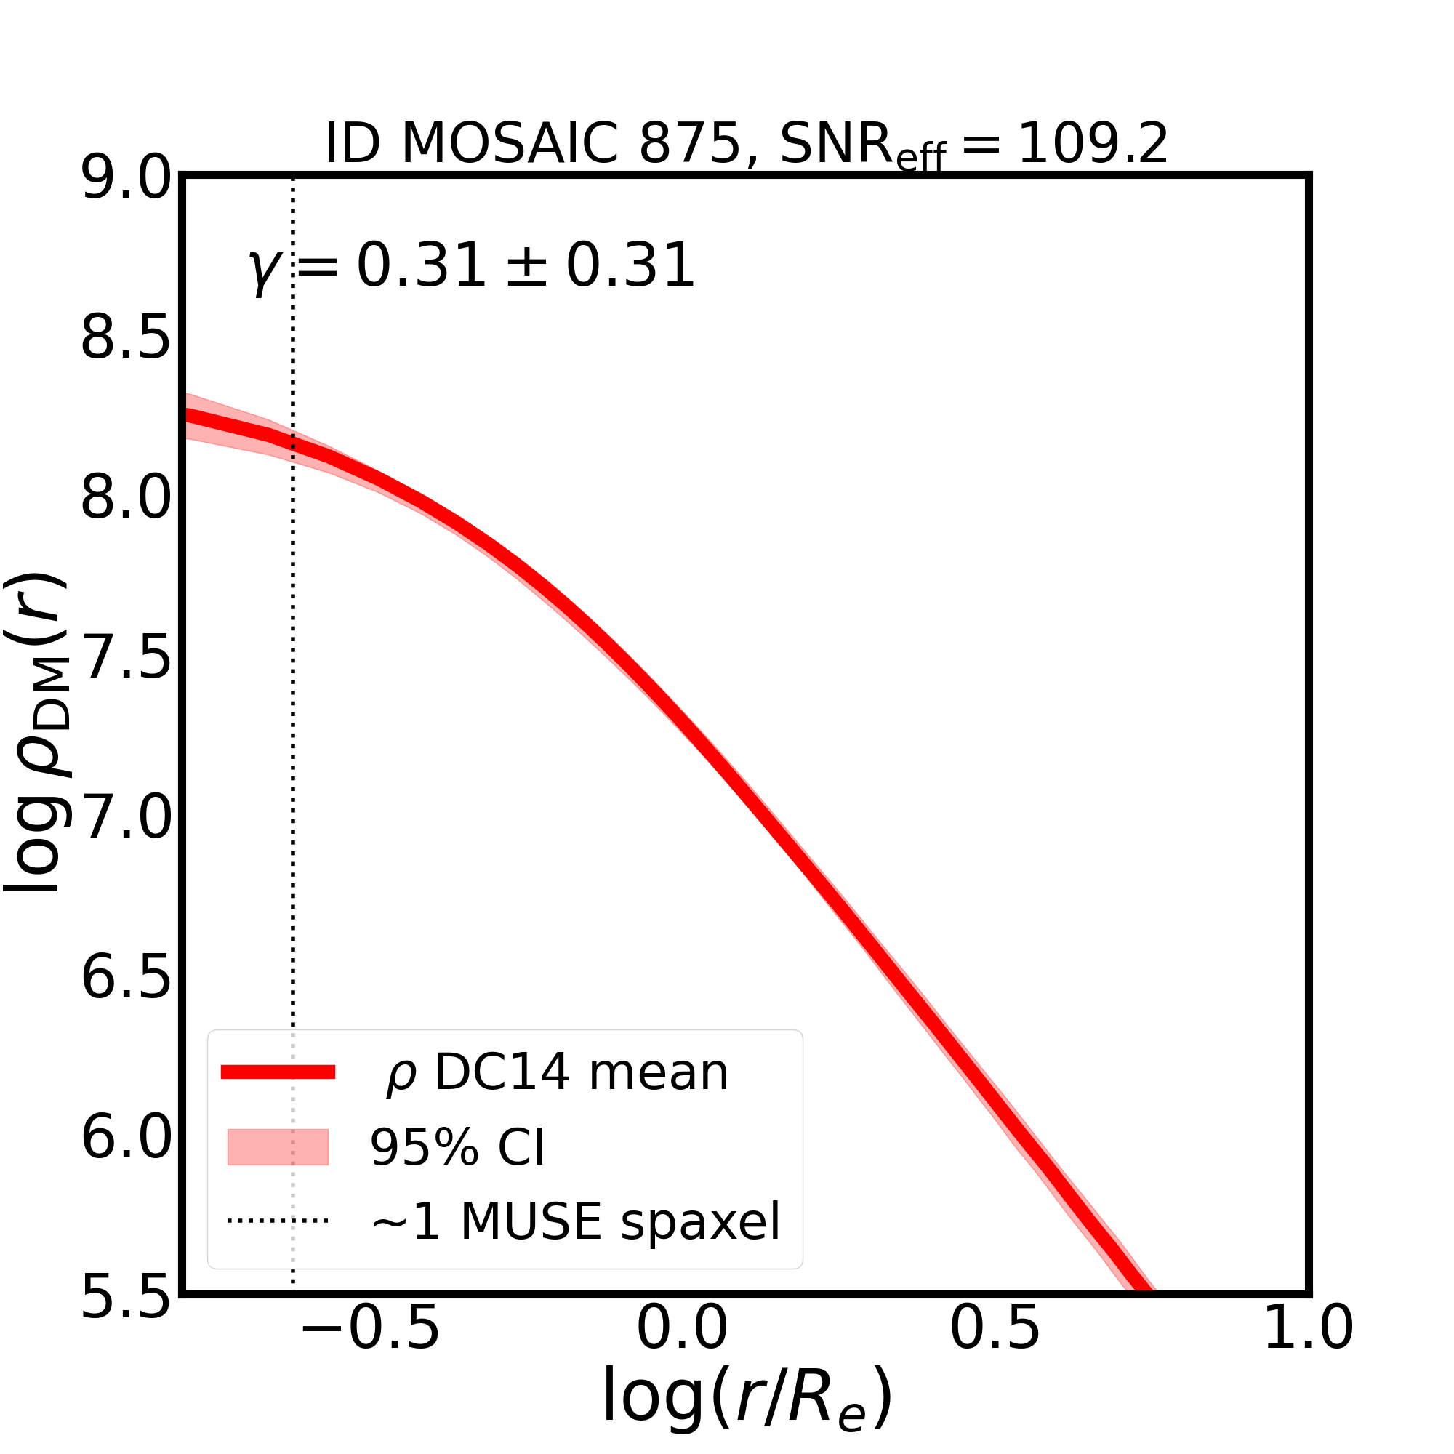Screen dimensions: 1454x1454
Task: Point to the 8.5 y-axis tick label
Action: click(x=126, y=340)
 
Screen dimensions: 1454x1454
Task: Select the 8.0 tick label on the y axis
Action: click(x=126, y=499)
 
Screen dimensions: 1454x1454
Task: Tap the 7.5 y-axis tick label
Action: click(x=126, y=659)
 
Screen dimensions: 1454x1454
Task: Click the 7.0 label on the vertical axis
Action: click(x=126, y=819)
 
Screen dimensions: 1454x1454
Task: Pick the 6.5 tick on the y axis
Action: click(x=126, y=979)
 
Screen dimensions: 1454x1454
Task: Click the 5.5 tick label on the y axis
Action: click(x=126, y=1299)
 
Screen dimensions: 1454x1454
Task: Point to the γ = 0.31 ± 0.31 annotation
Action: click(x=471, y=266)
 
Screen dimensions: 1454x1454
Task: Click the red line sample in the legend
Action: click(x=278, y=1072)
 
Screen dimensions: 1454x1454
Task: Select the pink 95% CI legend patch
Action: click(x=278, y=1147)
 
